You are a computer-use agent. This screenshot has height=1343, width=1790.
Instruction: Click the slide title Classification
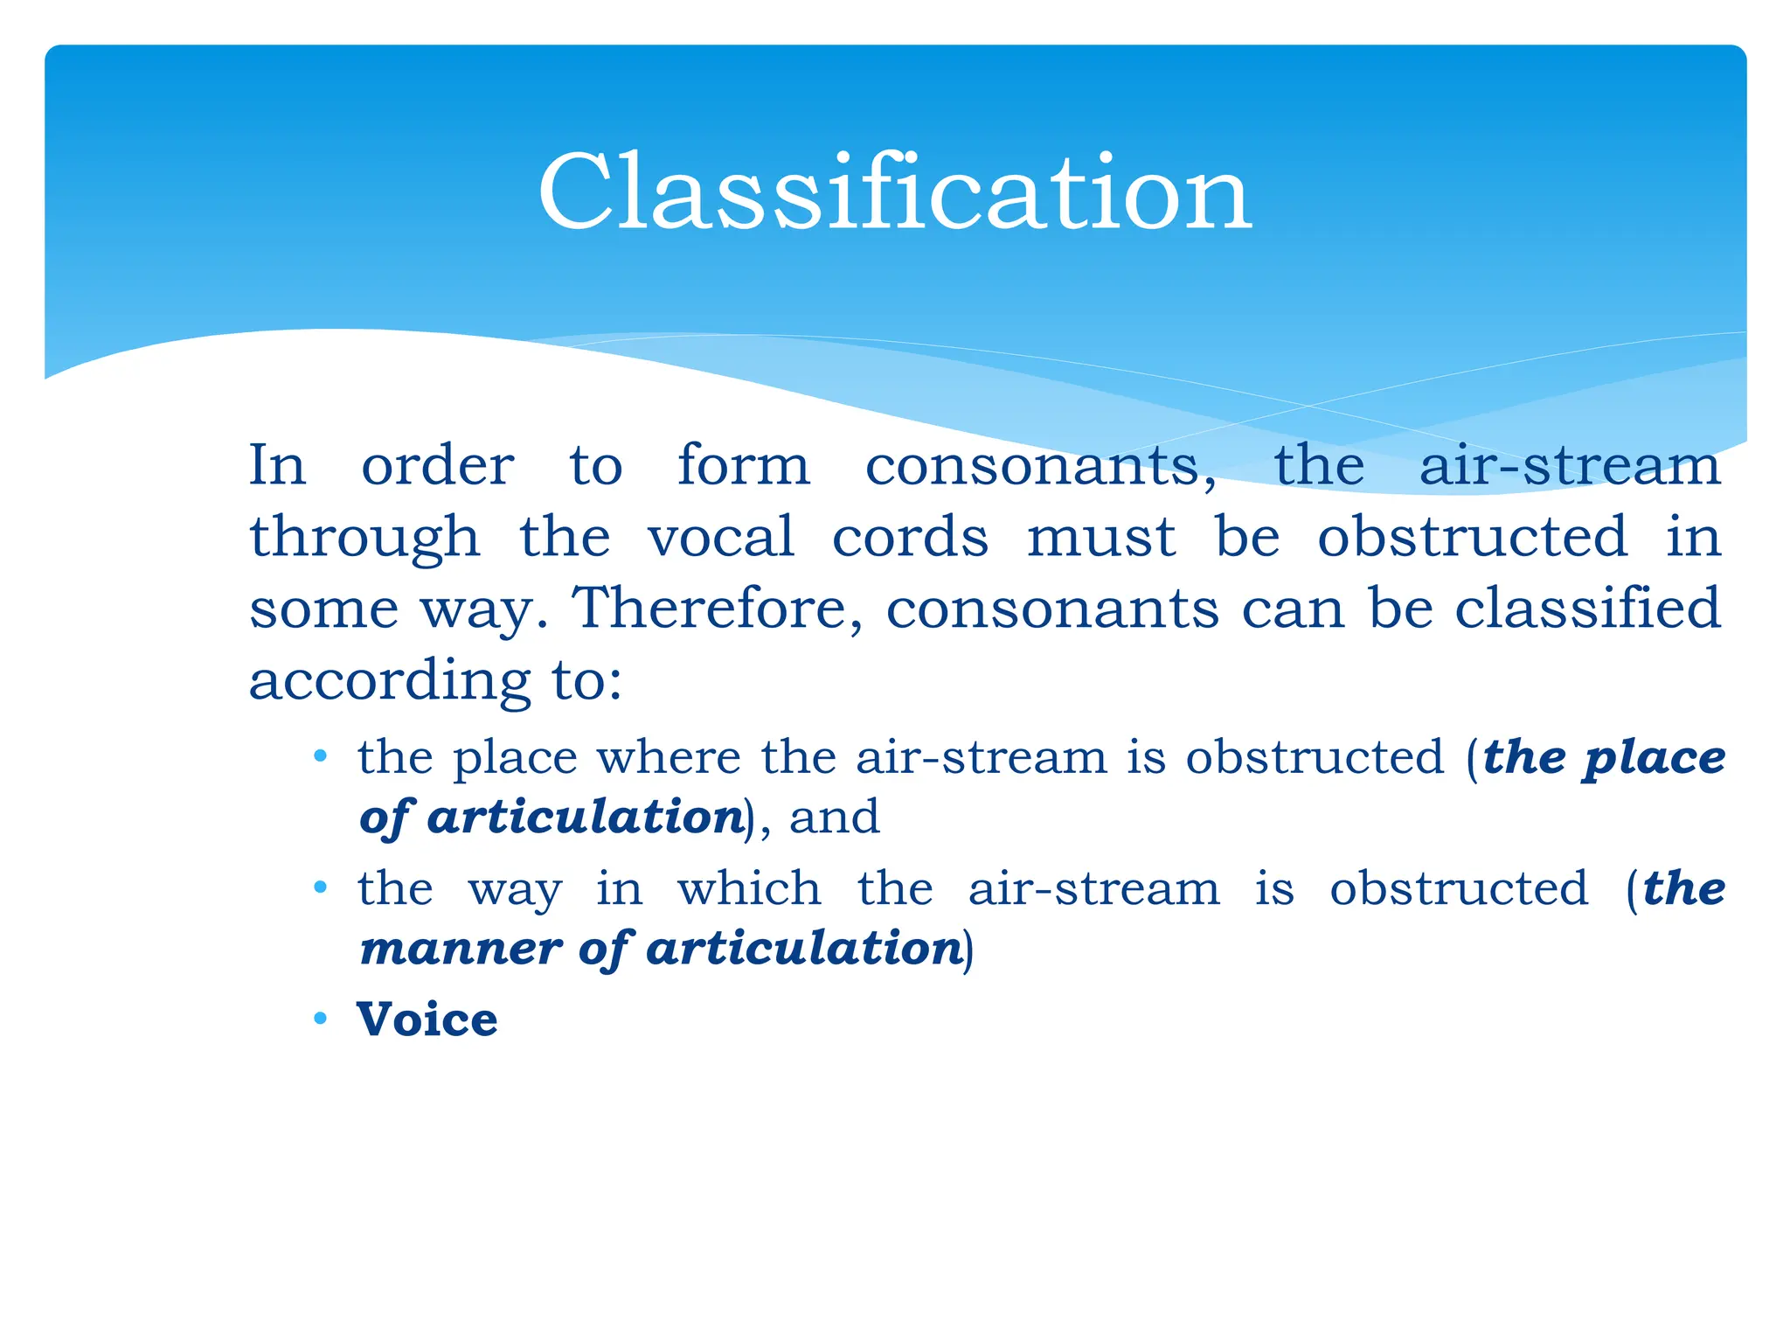895,192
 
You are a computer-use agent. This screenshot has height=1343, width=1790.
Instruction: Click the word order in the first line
437,466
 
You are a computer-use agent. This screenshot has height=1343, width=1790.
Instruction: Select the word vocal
721,536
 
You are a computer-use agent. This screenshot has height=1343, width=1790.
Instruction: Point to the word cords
910,536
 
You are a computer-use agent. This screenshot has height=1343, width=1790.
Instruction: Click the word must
1100,538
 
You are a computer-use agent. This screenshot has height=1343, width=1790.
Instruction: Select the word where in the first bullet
669,757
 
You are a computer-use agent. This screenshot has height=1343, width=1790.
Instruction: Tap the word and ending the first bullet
835,818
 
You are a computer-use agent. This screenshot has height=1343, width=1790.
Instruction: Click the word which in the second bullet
749,888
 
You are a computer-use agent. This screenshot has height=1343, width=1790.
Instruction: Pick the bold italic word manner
461,949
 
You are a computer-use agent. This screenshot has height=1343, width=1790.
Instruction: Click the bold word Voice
427,1019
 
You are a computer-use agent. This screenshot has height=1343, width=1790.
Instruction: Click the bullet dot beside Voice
321,1019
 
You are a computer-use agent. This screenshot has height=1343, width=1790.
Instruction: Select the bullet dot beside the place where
321,756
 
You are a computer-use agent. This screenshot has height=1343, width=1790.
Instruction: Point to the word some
323,609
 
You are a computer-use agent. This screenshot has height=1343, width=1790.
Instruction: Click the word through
364,538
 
